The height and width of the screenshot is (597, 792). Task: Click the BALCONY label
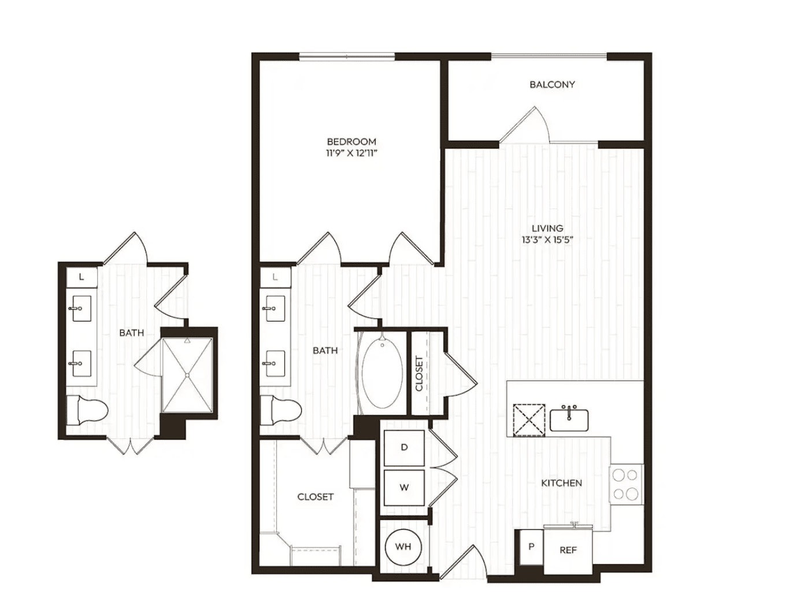552,84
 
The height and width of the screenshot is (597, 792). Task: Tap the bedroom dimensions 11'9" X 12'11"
351,153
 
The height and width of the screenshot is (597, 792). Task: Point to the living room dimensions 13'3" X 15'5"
547,239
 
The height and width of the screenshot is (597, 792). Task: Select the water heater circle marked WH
403,547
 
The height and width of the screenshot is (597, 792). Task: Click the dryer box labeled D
404,448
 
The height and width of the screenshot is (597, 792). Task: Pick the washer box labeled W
404,488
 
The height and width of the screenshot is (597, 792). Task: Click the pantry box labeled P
531,547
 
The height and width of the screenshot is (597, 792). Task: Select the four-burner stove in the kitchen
626,484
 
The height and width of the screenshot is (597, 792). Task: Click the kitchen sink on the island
569,419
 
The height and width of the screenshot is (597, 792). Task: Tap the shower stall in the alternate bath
187,375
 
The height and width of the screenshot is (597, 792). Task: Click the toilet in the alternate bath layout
87,410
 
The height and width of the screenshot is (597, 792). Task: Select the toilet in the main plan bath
280,410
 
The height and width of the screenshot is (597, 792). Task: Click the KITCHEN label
561,483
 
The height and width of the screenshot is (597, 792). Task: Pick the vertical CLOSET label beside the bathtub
419,374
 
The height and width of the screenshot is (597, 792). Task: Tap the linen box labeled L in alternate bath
82,277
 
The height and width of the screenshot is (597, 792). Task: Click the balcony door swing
525,124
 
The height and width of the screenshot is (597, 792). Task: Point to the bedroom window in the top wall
347,57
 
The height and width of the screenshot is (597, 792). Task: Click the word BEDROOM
351,141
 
